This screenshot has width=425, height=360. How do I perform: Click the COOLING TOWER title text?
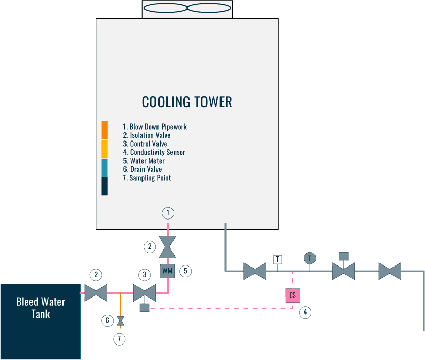(x=187, y=102)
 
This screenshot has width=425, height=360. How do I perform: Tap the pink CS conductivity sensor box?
(x=292, y=295)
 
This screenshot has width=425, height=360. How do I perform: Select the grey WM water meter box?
(x=167, y=271)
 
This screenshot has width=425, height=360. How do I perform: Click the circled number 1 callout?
(x=167, y=212)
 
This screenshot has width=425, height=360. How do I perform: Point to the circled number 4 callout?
(x=305, y=312)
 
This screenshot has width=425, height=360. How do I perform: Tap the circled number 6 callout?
(x=107, y=321)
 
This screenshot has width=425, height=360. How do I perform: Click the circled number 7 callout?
(x=120, y=339)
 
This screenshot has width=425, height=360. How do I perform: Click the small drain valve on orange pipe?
(x=121, y=321)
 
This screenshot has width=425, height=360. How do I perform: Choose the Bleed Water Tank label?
(x=40, y=307)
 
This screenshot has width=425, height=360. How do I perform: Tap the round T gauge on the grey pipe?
(x=310, y=258)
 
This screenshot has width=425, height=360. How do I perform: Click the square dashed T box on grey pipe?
(x=278, y=259)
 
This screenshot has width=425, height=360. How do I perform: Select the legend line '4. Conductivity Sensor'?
(x=154, y=152)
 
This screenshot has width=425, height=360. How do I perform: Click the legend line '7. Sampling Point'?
(x=147, y=178)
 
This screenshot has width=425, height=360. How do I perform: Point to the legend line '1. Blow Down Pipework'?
(x=155, y=127)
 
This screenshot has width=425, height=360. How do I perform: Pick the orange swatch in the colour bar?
(x=104, y=130)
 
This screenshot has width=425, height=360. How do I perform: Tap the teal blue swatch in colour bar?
(x=104, y=167)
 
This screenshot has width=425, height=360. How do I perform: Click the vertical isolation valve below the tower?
(x=167, y=247)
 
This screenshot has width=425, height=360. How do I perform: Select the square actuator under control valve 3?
(x=145, y=308)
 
